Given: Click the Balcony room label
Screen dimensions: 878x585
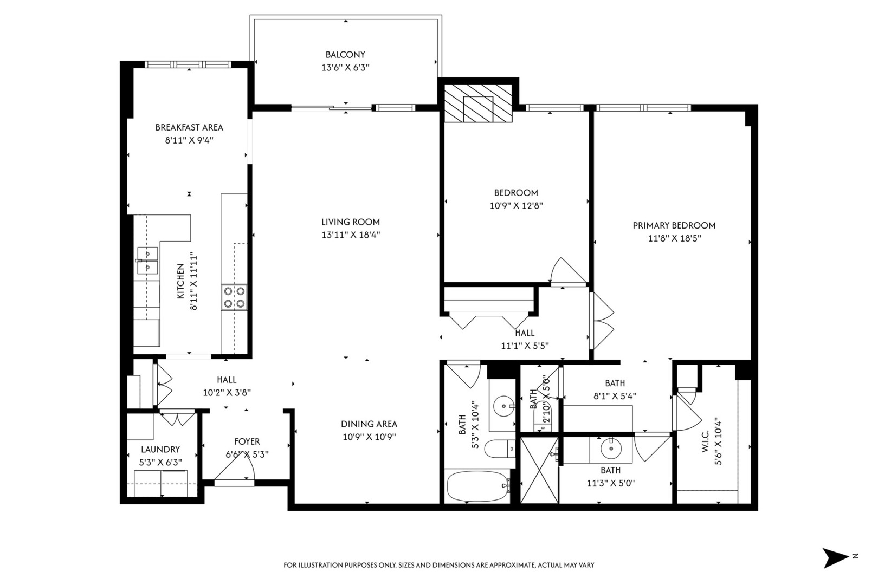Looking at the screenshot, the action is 345,55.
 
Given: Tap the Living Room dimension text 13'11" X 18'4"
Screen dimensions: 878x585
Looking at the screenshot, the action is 351,235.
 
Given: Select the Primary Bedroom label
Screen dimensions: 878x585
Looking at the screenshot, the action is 674,225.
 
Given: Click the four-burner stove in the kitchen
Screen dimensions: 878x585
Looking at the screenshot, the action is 234,297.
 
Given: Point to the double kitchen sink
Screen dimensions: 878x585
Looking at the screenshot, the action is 147,261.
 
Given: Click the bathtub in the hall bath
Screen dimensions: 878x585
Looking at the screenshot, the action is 478,486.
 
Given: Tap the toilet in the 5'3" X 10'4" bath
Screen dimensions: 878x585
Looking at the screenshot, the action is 500,448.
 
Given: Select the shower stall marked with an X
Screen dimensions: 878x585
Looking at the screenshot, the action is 539,470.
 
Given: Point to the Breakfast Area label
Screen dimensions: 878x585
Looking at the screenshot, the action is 189,127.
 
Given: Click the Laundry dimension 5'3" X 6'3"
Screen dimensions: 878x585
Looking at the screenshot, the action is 161,463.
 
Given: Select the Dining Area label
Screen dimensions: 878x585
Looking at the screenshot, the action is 369,424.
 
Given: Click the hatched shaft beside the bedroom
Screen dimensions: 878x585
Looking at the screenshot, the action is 478,103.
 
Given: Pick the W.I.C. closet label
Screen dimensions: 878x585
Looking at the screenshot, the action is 706,441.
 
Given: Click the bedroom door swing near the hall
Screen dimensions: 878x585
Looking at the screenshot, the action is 569,270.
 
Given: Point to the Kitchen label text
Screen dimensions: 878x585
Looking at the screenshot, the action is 180,281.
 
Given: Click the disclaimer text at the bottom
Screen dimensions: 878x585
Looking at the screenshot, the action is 439,565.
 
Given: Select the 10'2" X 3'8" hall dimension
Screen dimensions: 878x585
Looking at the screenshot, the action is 227,392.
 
